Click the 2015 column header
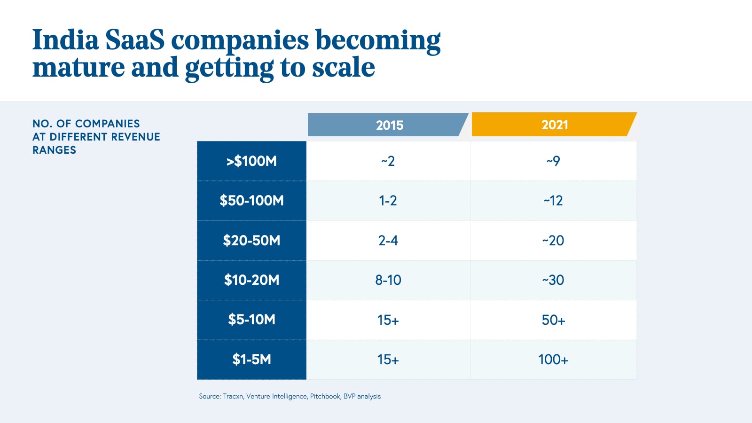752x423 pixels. coord(389,125)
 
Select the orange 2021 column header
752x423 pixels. coord(554,125)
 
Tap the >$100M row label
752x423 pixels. coord(251,161)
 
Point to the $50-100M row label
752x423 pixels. coord(251,201)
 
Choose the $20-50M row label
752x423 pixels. coord(251,241)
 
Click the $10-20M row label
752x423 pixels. coord(251,280)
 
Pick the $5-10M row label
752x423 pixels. coord(251,320)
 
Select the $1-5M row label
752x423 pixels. coord(251,360)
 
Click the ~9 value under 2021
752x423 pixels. coord(553,161)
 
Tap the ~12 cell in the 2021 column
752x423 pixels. coord(553,201)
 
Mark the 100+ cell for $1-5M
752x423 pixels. coord(553,360)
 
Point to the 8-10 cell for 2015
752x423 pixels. coord(388,280)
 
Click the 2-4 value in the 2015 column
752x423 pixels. coord(388,241)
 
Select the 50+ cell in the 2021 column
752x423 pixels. coord(553,320)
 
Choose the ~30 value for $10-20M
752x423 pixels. coord(553,280)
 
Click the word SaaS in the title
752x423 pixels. coord(135,40)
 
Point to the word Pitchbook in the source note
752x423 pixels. coord(325,396)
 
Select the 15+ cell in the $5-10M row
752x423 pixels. coord(388,320)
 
